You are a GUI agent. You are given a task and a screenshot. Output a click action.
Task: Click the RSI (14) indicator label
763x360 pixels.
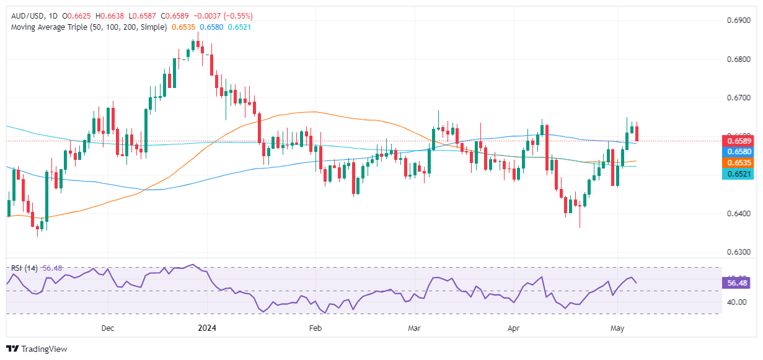24,268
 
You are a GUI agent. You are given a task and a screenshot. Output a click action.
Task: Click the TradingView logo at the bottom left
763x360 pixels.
37,349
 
